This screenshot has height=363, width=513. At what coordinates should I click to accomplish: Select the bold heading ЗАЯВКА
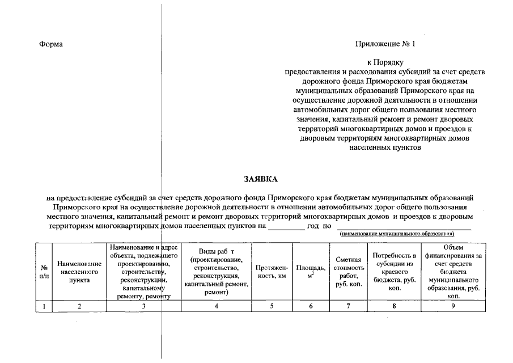(x=261, y=179)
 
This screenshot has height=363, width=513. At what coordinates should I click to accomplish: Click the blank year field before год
(x=286, y=225)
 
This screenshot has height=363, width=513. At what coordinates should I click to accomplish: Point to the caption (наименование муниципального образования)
(x=397, y=234)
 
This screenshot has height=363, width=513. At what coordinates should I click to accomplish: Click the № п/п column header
(x=44, y=272)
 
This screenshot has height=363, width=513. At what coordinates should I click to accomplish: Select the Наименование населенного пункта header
(x=79, y=272)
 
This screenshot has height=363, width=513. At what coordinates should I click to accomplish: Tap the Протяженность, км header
(x=272, y=272)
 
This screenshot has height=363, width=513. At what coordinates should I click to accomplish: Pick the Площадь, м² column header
(x=311, y=272)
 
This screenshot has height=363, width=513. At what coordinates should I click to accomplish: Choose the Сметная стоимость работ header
(x=348, y=272)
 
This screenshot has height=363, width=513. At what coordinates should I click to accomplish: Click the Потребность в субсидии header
(x=394, y=272)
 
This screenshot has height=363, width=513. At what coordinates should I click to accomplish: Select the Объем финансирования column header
(x=453, y=272)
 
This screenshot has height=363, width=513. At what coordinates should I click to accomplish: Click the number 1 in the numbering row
(x=44, y=306)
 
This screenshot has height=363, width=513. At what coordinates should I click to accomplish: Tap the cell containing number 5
(x=272, y=306)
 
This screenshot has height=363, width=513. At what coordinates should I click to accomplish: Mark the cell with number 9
(x=453, y=306)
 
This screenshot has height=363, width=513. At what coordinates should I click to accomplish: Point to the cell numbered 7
(x=348, y=306)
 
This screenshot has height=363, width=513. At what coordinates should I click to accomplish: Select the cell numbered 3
(x=143, y=306)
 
